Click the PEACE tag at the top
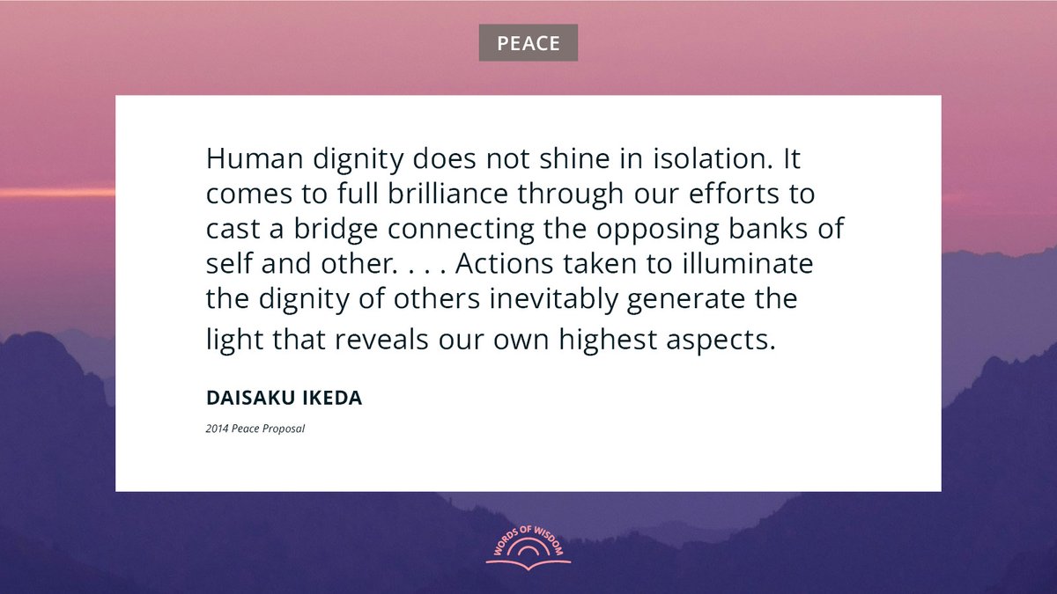(x=528, y=43)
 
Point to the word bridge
(x=334, y=229)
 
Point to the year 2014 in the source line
(x=216, y=429)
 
